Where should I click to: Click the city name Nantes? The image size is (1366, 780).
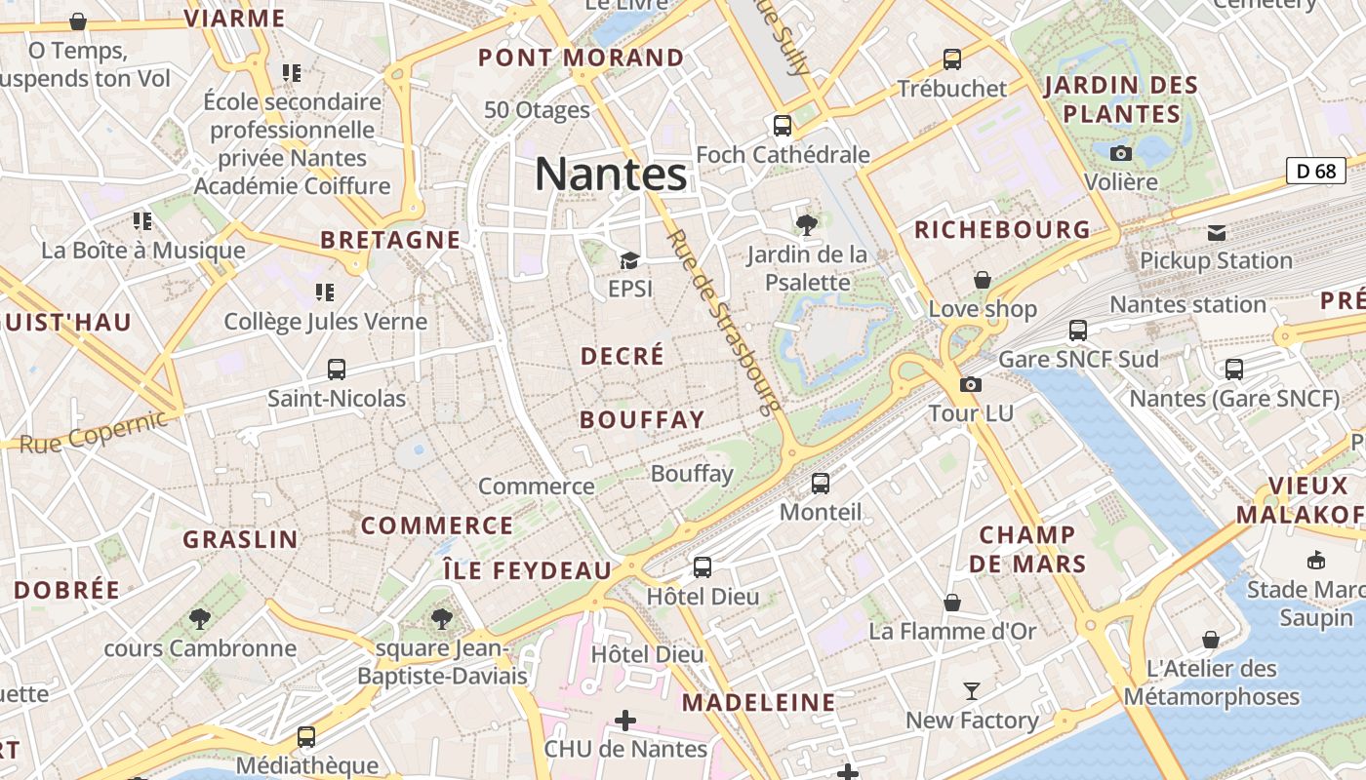pos(611,175)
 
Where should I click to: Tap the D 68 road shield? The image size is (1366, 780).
pos(1315,171)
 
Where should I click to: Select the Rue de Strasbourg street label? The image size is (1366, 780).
pos(724,321)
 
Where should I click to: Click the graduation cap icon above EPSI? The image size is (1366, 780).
pos(629,260)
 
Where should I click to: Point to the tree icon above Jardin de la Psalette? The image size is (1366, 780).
pos(806,226)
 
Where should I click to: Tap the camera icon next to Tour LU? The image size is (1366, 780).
pos(970,384)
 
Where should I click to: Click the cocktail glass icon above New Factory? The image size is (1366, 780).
pos(972,691)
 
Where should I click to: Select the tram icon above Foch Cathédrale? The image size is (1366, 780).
pos(782,125)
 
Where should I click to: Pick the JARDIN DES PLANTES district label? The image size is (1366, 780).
pos(1121,99)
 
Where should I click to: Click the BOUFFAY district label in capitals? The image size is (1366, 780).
pos(641,420)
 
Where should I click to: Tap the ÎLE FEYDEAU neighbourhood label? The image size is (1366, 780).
pos(527,570)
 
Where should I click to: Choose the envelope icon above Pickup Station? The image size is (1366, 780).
pos(1217,232)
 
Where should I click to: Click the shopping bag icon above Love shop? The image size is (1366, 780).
pos(982,280)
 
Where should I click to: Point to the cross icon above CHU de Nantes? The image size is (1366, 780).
pos(624,721)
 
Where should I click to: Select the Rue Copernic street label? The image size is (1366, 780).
pos(94,433)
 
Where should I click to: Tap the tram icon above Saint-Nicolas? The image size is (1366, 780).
pos(337,370)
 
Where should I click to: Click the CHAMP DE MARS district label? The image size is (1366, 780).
pos(1027,549)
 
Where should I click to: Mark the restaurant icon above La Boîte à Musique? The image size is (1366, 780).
pos(142,221)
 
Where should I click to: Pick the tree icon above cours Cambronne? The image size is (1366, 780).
pos(200,619)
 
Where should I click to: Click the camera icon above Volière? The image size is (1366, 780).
pos(1121,153)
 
